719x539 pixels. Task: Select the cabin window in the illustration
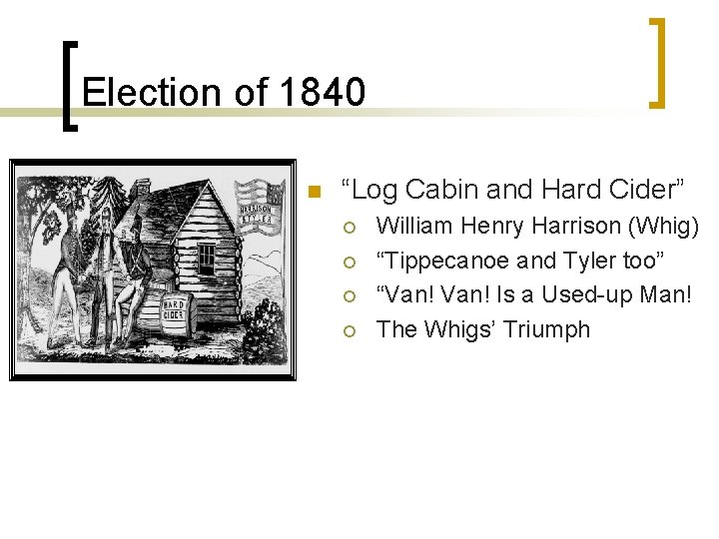pos(206,258)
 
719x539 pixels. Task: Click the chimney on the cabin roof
pos(143,190)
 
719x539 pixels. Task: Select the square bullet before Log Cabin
pos(314,191)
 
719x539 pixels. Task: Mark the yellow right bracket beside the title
pos(657,62)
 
